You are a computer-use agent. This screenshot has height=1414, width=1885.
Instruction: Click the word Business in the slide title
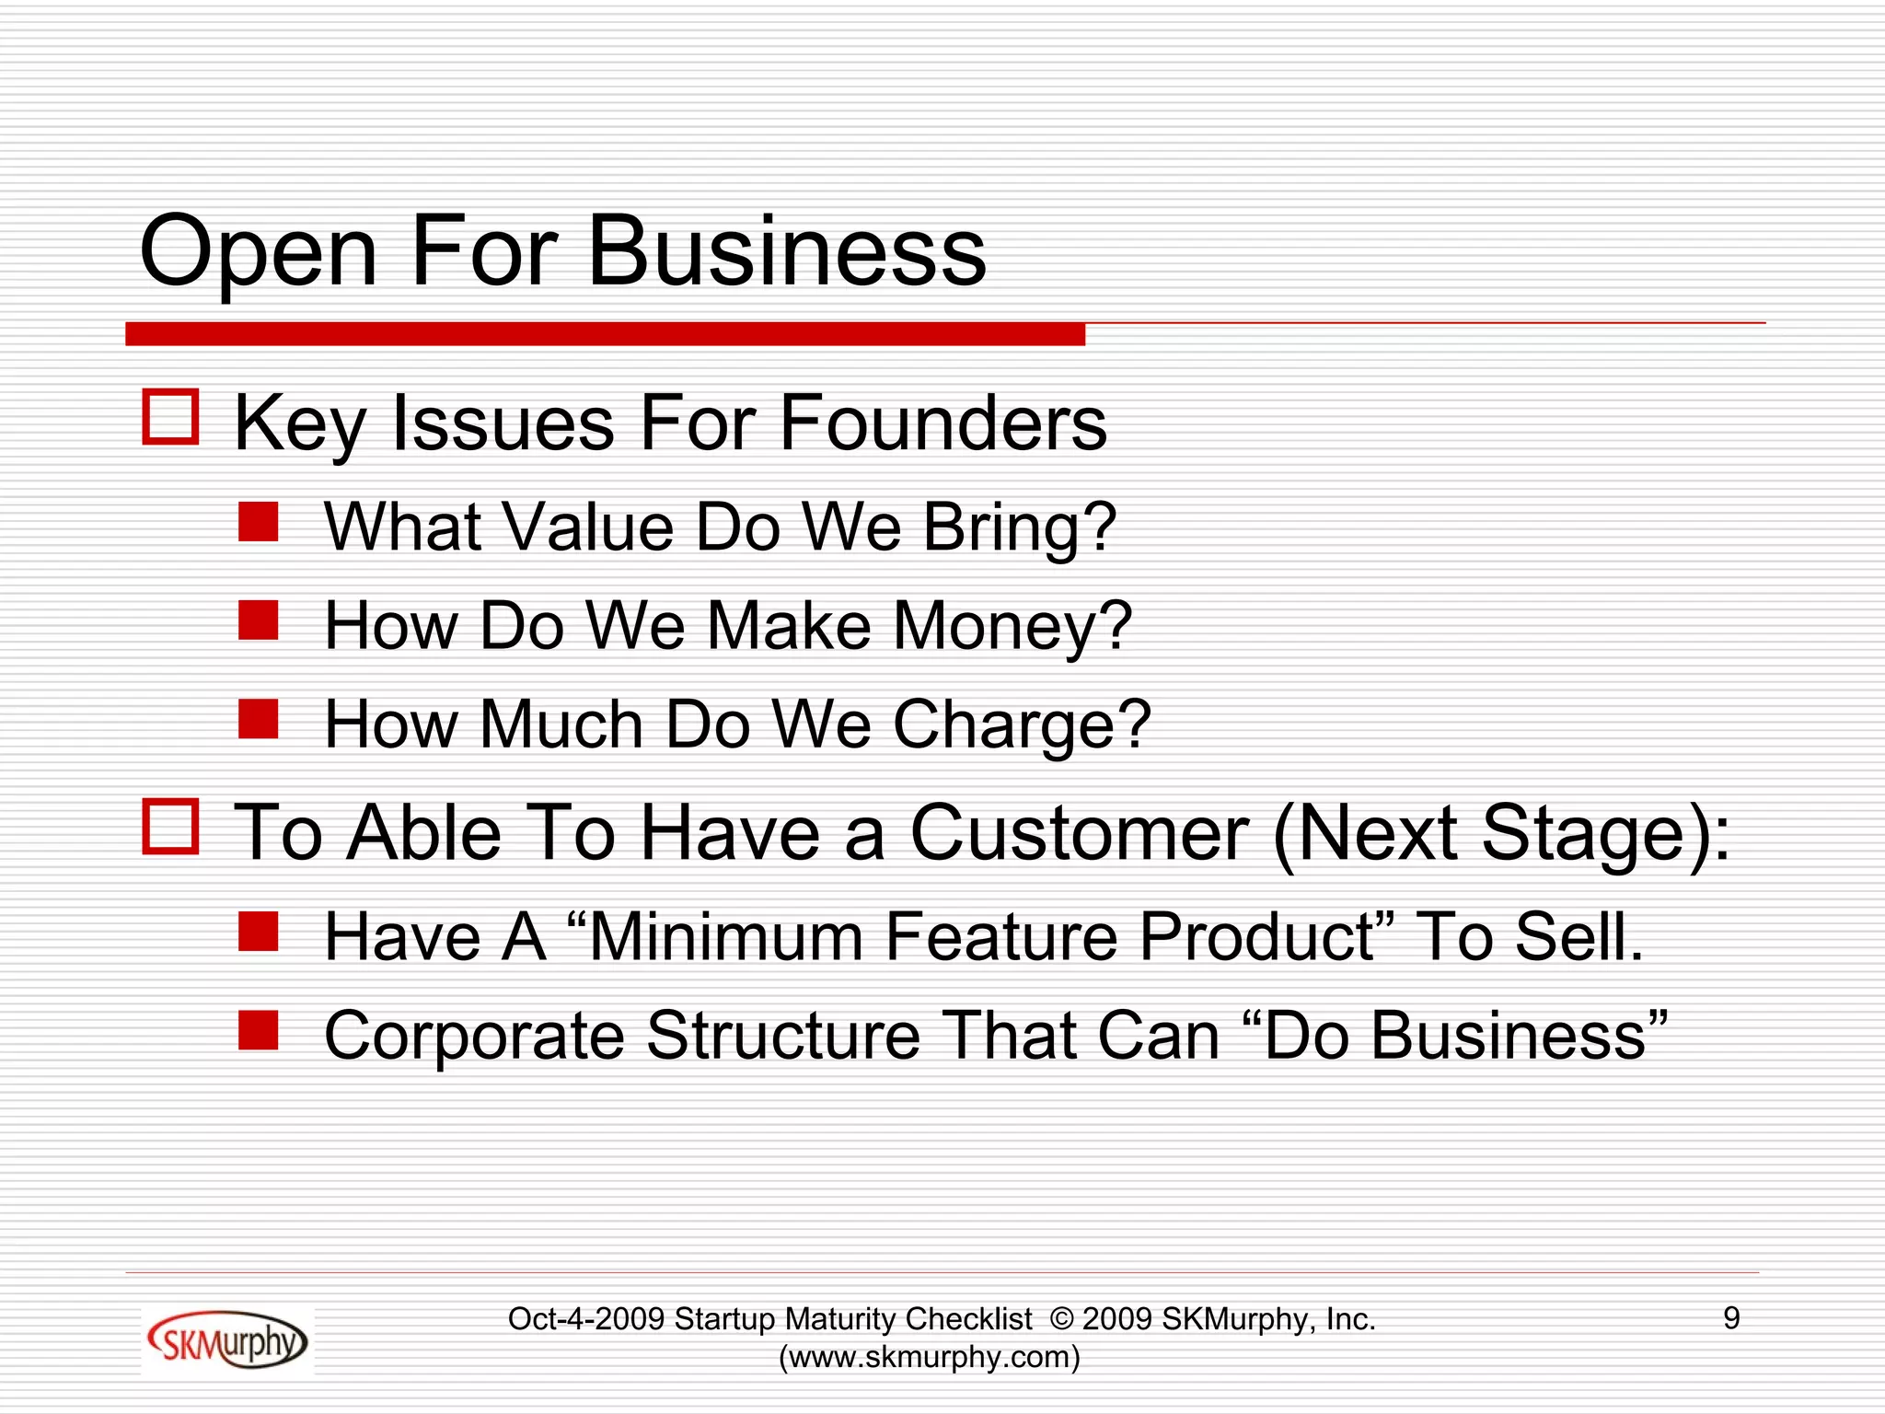coord(786,251)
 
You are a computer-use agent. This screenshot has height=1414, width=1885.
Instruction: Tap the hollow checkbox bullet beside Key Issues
coord(171,418)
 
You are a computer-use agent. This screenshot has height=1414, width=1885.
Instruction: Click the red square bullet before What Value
coord(259,522)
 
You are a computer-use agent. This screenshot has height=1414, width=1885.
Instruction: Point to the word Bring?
coord(1019,528)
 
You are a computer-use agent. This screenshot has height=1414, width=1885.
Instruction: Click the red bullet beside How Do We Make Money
coord(259,620)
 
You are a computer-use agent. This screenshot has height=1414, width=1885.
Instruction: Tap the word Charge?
coord(1022,725)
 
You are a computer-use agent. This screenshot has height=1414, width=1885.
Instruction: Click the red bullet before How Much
coord(259,719)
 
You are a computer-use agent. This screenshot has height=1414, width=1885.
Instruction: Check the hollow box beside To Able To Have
coord(171,827)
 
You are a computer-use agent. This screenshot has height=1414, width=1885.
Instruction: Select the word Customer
coord(1079,832)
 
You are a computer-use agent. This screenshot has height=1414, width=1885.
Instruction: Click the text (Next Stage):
coord(1501,834)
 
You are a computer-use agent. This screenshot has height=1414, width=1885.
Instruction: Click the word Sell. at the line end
coord(1579,937)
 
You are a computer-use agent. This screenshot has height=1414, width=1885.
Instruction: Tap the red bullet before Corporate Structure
coord(259,1030)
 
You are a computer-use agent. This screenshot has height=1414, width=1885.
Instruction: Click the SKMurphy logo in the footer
coord(227,1340)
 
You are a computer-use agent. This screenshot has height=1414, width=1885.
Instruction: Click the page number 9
coord(1731,1318)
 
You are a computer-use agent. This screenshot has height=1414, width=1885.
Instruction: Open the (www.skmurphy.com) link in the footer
coord(930,1357)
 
